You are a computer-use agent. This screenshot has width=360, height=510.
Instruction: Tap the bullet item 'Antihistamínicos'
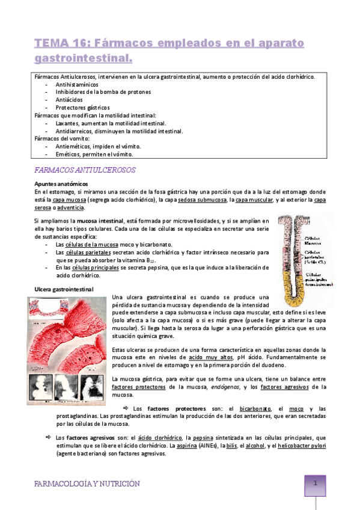76,85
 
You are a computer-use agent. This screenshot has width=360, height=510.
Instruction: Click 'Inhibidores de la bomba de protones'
103,92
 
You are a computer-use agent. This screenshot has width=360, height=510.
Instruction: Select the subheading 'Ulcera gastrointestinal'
64,289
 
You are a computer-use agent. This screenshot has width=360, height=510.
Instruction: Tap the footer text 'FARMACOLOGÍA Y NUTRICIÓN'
87,483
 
